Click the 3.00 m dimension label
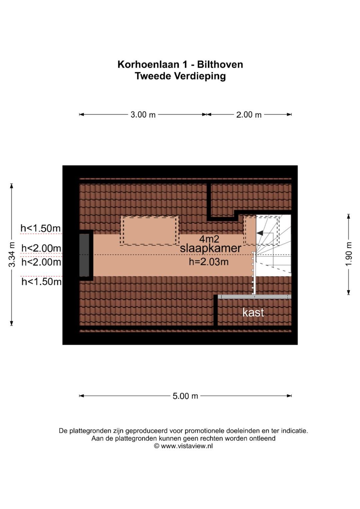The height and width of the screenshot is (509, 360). pos(143,115)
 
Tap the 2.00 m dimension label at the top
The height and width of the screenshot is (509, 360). pos(249,115)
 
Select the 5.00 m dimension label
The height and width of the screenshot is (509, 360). pos(185,396)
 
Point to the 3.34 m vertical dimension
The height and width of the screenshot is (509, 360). pos(12,254)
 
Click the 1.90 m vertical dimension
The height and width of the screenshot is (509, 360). pos(349,254)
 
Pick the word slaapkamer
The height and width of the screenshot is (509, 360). pos(210,248)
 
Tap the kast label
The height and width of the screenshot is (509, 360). pos(253,312)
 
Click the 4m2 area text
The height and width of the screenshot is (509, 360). pos(209,239)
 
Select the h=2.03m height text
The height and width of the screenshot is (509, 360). pos(209,262)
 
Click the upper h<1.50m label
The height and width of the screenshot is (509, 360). pos(41,228)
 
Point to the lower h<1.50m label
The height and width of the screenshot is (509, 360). pos(41,282)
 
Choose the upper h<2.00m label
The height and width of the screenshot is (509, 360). pos(41,248)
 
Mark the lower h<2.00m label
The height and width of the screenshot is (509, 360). pos(41,262)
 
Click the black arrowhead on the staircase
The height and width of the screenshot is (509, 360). pos(260,233)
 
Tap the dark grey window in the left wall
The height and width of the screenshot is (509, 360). pos(84,255)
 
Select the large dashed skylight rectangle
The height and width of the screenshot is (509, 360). pos(149,231)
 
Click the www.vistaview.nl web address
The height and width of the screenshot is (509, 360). pos(187,446)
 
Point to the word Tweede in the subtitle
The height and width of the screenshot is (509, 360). pos(152,76)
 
